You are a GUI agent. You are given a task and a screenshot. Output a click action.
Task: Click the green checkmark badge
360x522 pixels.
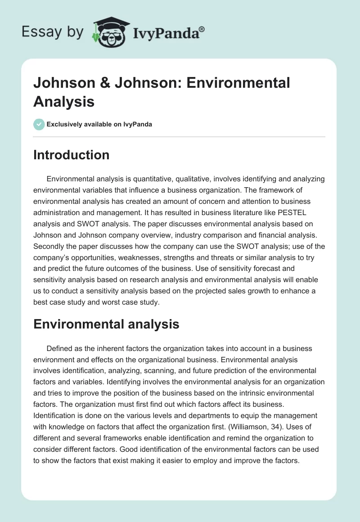tap(39, 124)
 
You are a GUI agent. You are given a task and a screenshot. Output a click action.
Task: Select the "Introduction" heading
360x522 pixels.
tap(72, 155)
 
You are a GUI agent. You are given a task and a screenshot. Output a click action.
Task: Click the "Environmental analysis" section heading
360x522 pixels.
tap(106, 324)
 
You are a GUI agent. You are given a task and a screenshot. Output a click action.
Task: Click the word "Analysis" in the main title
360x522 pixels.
tap(64, 101)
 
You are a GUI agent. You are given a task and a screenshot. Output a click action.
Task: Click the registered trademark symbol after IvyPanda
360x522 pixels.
tap(202, 29)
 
